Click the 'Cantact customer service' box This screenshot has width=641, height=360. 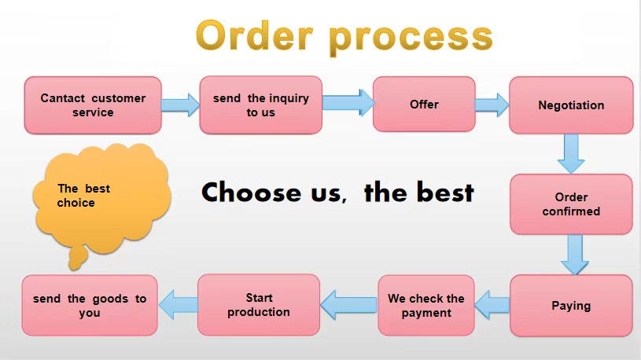(93, 105)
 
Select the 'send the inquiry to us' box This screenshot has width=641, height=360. (260, 105)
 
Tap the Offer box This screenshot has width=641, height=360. (424, 105)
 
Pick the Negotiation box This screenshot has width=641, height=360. (571, 105)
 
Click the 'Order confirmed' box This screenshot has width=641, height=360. (571, 204)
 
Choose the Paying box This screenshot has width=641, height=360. (571, 306)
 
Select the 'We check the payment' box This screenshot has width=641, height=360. (426, 306)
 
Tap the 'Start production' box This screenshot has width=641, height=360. (258, 305)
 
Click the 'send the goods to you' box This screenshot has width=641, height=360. (90, 306)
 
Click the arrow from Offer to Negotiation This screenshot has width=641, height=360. (492, 105)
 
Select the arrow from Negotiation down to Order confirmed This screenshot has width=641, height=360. (571, 153)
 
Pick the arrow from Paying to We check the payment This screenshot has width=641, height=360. (492, 305)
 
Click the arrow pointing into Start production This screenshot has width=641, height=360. (348, 304)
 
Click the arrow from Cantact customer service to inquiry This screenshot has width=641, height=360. (180, 105)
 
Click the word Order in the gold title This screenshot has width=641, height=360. (252, 36)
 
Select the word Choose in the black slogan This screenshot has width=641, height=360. (251, 192)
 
